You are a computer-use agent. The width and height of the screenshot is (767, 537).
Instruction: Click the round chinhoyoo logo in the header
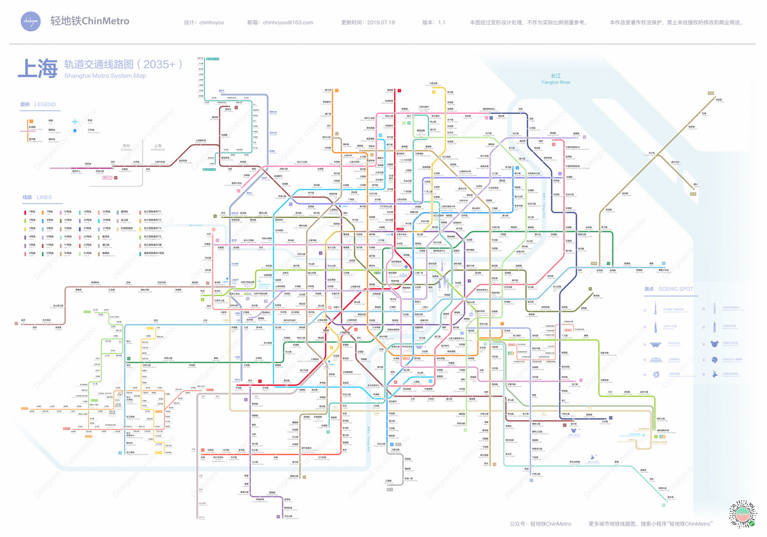pos(31,21)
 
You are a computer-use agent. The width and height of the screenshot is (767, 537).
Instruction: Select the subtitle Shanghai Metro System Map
pos(105,76)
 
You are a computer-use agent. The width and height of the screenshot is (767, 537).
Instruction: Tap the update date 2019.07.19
pos(380,23)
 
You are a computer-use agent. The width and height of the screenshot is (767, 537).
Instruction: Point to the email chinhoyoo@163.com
pos(288,23)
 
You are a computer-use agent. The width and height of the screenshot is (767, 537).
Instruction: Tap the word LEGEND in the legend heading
pos(45,104)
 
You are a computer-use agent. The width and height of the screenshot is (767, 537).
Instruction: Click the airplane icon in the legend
pos(75,122)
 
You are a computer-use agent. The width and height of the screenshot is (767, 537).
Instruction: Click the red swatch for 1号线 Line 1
pos(25,212)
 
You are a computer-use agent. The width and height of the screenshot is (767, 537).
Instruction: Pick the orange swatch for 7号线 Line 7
pos(43,212)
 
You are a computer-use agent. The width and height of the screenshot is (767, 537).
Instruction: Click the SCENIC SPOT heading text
pos(675,289)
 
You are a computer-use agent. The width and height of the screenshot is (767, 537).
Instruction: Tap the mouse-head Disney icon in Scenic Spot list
pos(715,344)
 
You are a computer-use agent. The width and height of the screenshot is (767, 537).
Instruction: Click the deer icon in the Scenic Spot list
pos(715,374)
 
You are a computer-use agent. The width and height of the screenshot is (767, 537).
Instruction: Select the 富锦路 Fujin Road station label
pos(390,90)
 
